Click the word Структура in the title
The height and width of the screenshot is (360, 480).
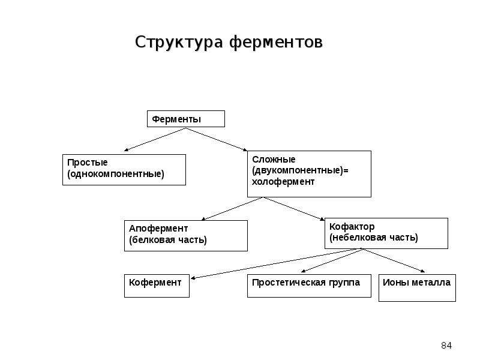coord(179,42)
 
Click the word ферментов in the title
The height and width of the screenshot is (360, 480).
coord(276,41)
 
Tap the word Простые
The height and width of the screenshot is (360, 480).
coord(87,162)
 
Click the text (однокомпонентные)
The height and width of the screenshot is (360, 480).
coord(116,174)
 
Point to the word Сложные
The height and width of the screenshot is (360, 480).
coord(274,159)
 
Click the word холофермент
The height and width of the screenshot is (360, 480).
coord(283,182)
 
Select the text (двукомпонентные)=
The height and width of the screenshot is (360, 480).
coord(301,170)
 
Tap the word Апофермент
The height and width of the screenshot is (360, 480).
coord(158,229)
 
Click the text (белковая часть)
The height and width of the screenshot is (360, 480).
coord(168,239)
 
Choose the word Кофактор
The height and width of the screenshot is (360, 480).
coord(352,227)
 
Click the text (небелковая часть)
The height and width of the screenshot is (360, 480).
coord(373,238)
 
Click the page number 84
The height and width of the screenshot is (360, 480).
coord(446,346)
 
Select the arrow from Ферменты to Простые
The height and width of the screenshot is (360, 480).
coord(155,140)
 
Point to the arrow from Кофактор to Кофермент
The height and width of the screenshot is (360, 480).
coord(277,263)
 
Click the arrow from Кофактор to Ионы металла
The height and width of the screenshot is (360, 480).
coord(394,260)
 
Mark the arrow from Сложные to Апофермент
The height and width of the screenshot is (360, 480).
coord(232,209)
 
